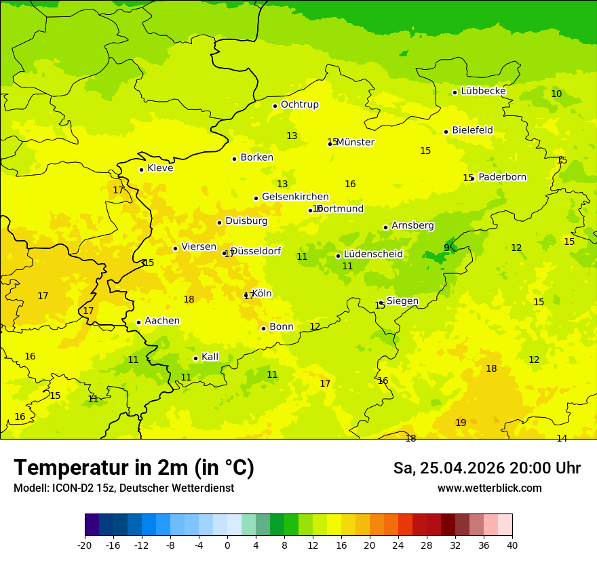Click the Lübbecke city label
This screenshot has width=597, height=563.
pos(483,91)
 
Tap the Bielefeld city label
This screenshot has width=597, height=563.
pos(472,130)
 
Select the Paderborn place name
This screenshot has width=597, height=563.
pos(502,177)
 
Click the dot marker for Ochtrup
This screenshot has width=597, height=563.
pos(275,106)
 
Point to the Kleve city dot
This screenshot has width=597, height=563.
pos(141,170)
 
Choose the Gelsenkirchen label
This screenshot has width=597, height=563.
pos(295,197)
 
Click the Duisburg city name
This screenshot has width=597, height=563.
pos(246,220)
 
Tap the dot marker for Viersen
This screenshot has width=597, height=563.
pos(175,248)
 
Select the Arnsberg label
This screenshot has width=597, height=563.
pos(412,225)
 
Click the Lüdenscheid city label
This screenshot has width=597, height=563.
pos(373,254)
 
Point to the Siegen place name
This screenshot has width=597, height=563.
pos(402,300)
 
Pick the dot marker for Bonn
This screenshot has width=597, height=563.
pos(263,328)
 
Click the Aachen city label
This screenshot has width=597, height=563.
pos(162,321)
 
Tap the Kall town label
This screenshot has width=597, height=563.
pos(210,357)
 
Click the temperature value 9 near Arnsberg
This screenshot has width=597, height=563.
pos(446,248)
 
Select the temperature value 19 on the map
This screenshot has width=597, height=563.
pos(461,423)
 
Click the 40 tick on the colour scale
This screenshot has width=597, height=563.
pos(512,545)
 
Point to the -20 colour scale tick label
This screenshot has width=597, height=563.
pos(85,545)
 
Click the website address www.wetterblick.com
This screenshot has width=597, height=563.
pos(489,488)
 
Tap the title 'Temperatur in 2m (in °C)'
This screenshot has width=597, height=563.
pos(134,467)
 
